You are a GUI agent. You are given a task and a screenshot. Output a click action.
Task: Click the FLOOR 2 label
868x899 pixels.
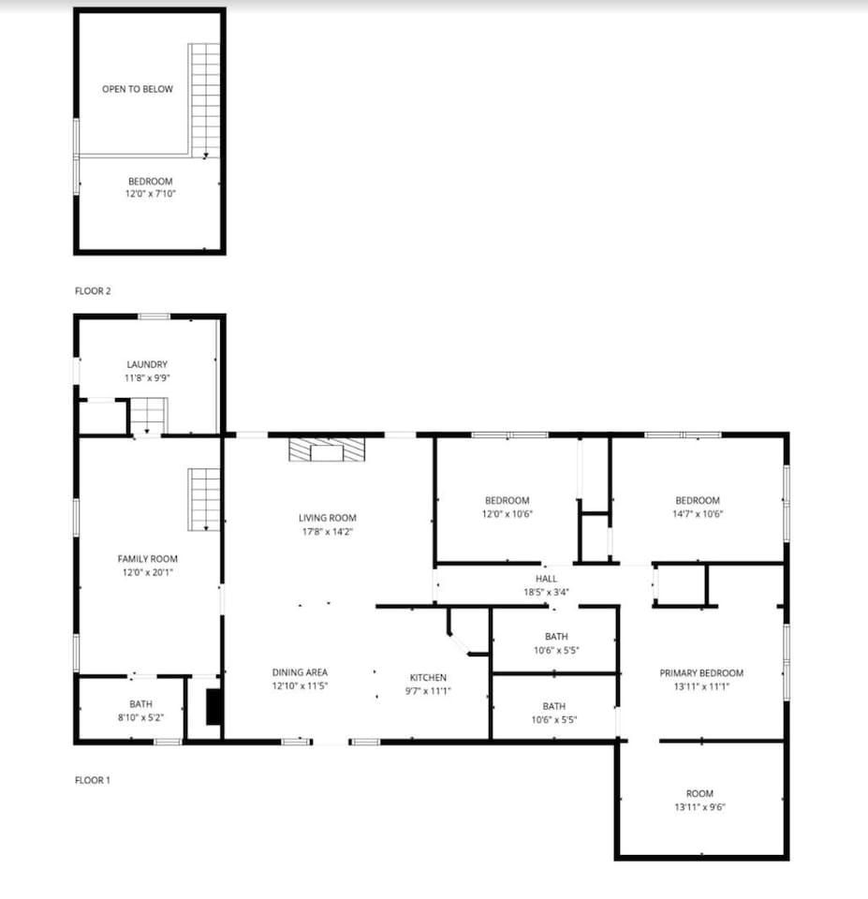(x=93, y=290)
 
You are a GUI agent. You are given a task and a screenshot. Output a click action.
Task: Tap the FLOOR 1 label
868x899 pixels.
(x=93, y=780)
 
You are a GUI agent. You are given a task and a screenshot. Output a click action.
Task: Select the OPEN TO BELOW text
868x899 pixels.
(x=138, y=89)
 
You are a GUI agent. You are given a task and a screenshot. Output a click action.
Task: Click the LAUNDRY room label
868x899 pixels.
(x=147, y=364)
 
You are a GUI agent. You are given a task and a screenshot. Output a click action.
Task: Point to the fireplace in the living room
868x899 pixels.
(x=327, y=450)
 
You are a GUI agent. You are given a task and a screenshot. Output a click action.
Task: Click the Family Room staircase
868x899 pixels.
(x=204, y=499)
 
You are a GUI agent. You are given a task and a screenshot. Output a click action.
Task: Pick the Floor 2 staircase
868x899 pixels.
(x=205, y=101)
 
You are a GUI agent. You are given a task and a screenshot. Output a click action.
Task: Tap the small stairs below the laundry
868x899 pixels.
(x=148, y=416)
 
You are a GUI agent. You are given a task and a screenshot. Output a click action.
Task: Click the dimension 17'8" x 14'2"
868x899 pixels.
(x=328, y=532)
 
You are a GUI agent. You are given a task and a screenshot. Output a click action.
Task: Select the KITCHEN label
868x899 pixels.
(x=428, y=677)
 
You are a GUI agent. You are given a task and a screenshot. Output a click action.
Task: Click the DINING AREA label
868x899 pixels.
(x=300, y=672)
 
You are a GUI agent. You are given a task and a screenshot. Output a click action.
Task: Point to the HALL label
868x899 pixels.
(x=547, y=579)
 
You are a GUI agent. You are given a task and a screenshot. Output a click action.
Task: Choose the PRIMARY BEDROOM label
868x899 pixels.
(x=701, y=672)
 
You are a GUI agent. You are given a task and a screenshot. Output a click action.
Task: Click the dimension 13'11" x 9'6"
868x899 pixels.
(x=700, y=806)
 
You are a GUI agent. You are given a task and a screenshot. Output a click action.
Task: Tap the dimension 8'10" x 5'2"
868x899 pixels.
(x=141, y=717)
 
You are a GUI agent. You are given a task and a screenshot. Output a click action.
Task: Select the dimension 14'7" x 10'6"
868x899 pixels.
(x=698, y=514)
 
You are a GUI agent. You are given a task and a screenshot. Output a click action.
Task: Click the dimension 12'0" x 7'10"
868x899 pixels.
(x=151, y=193)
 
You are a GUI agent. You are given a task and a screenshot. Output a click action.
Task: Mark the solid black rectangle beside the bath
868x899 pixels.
(x=213, y=706)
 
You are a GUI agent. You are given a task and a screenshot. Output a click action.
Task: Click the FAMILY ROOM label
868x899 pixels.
(x=148, y=558)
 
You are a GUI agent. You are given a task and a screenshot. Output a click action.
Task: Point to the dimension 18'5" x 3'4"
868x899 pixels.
(x=547, y=592)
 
